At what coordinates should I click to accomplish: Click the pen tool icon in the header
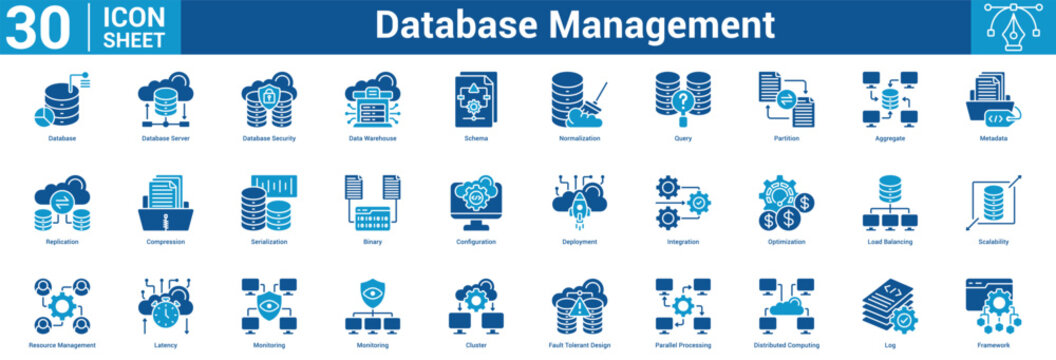click(1012, 26)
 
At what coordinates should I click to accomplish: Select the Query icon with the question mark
click(683, 99)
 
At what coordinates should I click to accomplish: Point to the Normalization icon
click(579, 99)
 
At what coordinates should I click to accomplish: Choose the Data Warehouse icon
click(372, 99)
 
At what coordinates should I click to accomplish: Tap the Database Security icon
click(269, 99)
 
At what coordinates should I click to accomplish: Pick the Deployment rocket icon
click(579, 202)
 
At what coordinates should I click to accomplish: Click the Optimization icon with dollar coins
click(786, 202)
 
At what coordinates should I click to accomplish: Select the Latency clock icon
click(165, 305)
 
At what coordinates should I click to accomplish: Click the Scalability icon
click(993, 202)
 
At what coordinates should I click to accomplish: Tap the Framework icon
click(993, 305)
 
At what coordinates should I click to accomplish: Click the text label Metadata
click(993, 138)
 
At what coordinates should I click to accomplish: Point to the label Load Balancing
click(889, 241)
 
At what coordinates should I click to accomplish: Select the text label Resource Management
click(62, 344)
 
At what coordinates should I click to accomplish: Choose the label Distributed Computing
click(786, 344)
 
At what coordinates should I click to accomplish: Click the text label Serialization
click(269, 241)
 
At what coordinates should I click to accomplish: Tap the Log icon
click(889, 305)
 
